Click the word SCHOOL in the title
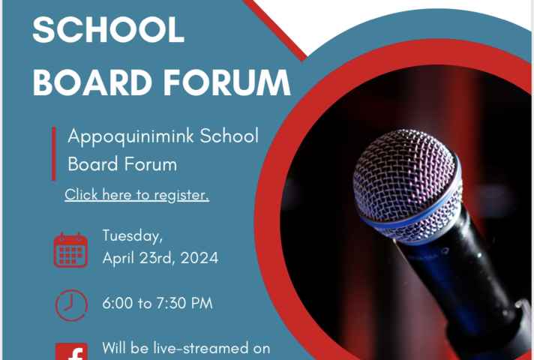pos(109,29)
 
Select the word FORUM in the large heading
pos(226,82)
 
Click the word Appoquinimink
pos(131,136)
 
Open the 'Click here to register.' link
pos(137,195)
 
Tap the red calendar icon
pos(70,250)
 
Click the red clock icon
pos(71,305)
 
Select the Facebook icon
pos(71,351)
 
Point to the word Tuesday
pos(133,236)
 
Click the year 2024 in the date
pos(199,258)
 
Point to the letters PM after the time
pos(202,303)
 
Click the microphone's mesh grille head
pos(407,184)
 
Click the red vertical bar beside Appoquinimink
pos(54,153)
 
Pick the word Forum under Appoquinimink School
pos(150,164)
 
